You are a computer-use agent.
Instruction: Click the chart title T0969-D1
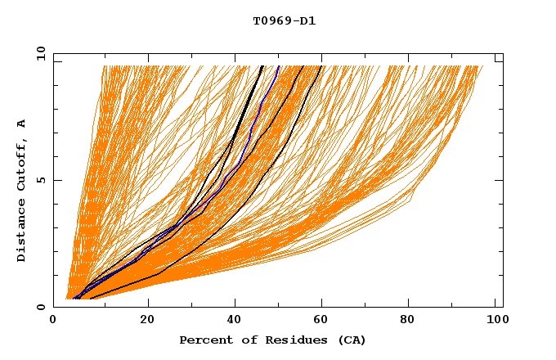[x=284, y=21]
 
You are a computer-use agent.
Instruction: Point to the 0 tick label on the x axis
[x=53, y=321]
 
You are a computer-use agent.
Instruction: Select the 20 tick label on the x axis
[x=147, y=321]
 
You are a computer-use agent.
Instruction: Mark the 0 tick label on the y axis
[x=40, y=307]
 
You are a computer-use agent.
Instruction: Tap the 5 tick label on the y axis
[x=40, y=180]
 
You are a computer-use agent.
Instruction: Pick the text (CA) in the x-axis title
[x=350, y=340]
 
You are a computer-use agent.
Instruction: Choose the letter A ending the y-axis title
[x=21, y=124]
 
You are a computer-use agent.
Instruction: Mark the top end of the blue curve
[x=278, y=66]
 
